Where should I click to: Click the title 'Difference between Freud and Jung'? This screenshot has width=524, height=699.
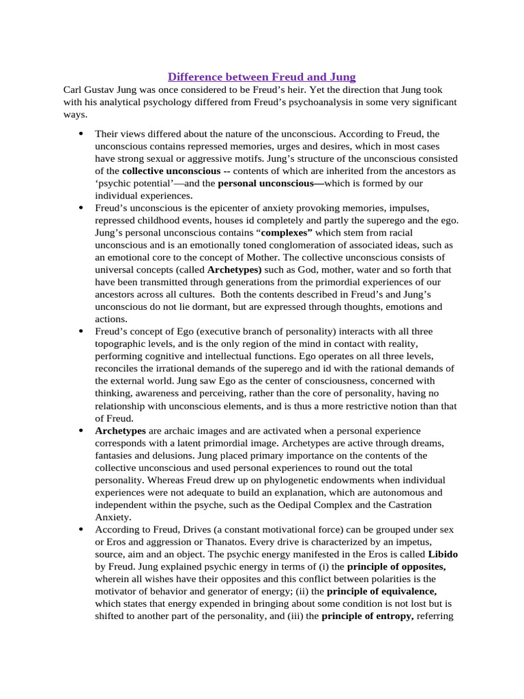262,76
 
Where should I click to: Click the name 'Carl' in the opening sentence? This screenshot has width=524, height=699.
73,89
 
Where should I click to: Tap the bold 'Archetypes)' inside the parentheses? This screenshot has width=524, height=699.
234,269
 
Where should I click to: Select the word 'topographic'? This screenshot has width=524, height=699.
122,343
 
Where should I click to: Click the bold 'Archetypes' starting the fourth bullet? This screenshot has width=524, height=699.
120,431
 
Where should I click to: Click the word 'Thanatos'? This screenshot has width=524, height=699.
232,542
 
